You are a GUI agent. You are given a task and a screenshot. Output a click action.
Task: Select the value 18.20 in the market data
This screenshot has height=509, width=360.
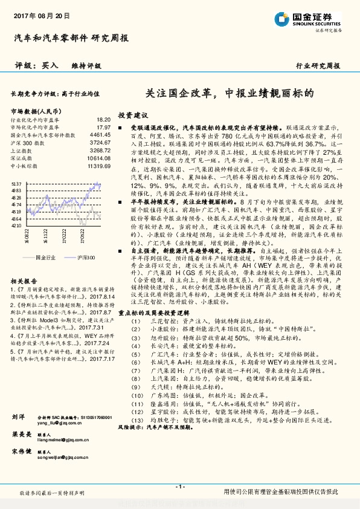(103, 120)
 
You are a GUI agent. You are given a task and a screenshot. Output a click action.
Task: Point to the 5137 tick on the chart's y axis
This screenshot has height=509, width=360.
(16, 183)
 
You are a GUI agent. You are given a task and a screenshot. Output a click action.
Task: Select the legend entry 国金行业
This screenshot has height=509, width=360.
(45, 258)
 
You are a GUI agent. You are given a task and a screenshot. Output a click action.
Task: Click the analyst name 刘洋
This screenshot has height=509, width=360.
(18, 417)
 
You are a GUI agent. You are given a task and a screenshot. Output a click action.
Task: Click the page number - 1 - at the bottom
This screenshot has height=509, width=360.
(179, 487)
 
